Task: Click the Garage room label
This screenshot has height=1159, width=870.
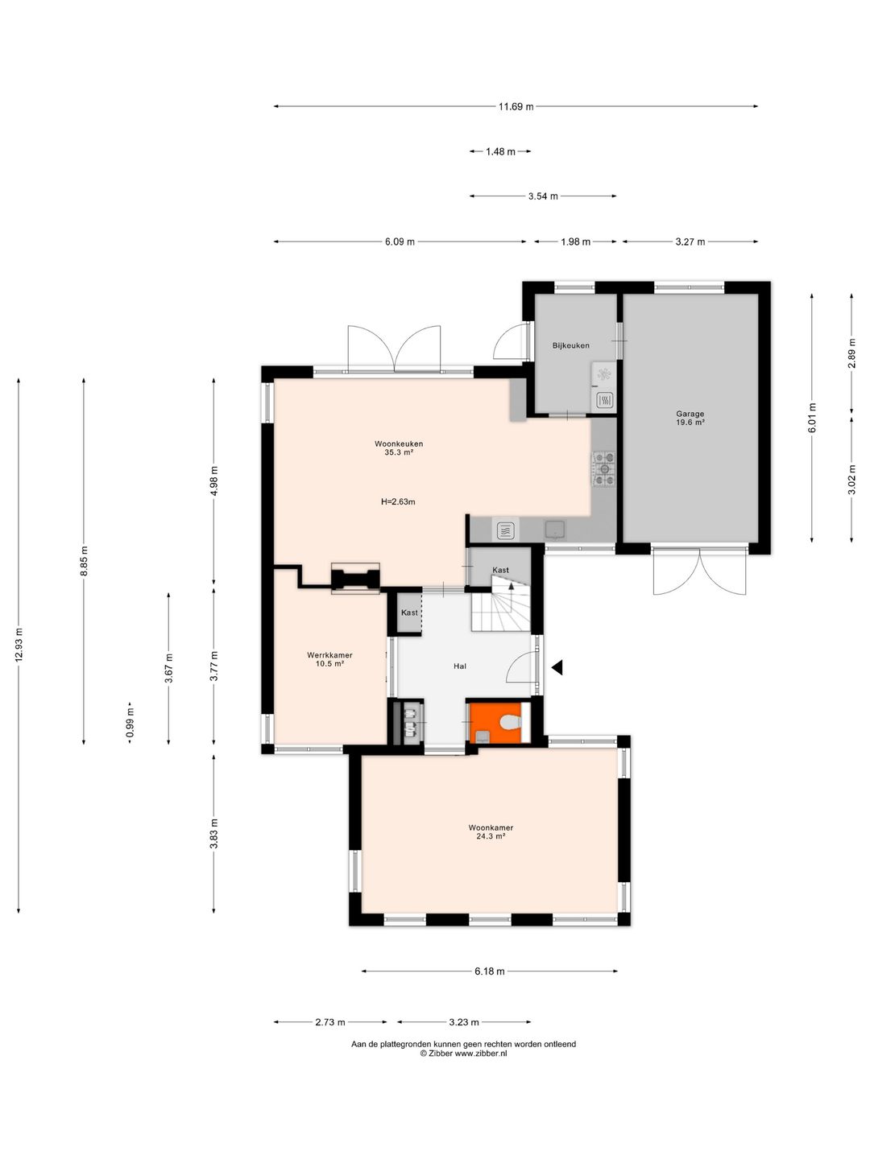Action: point(690,414)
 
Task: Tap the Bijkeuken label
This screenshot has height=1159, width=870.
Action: point(570,345)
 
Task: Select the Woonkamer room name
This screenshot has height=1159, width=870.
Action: point(491,827)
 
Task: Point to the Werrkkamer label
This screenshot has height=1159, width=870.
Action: point(329,655)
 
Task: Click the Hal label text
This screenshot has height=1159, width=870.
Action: point(459,666)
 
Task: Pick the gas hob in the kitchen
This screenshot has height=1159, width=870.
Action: point(604,468)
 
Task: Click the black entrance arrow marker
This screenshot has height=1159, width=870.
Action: point(557,667)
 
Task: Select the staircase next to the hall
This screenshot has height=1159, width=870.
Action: point(501,604)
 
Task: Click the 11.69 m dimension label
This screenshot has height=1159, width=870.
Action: point(516,107)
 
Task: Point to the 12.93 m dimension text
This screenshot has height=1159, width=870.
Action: point(19,645)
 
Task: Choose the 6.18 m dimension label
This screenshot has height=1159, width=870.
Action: point(490,971)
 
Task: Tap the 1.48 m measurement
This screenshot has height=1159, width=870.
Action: point(500,152)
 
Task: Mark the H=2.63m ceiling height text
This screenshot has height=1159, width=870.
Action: point(398,502)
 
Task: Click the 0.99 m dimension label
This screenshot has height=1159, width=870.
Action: point(130,723)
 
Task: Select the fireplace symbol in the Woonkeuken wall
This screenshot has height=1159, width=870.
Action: point(355,579)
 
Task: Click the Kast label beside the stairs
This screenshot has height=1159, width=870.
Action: point(500,570)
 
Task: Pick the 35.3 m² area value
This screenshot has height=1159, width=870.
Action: point(399,452)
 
